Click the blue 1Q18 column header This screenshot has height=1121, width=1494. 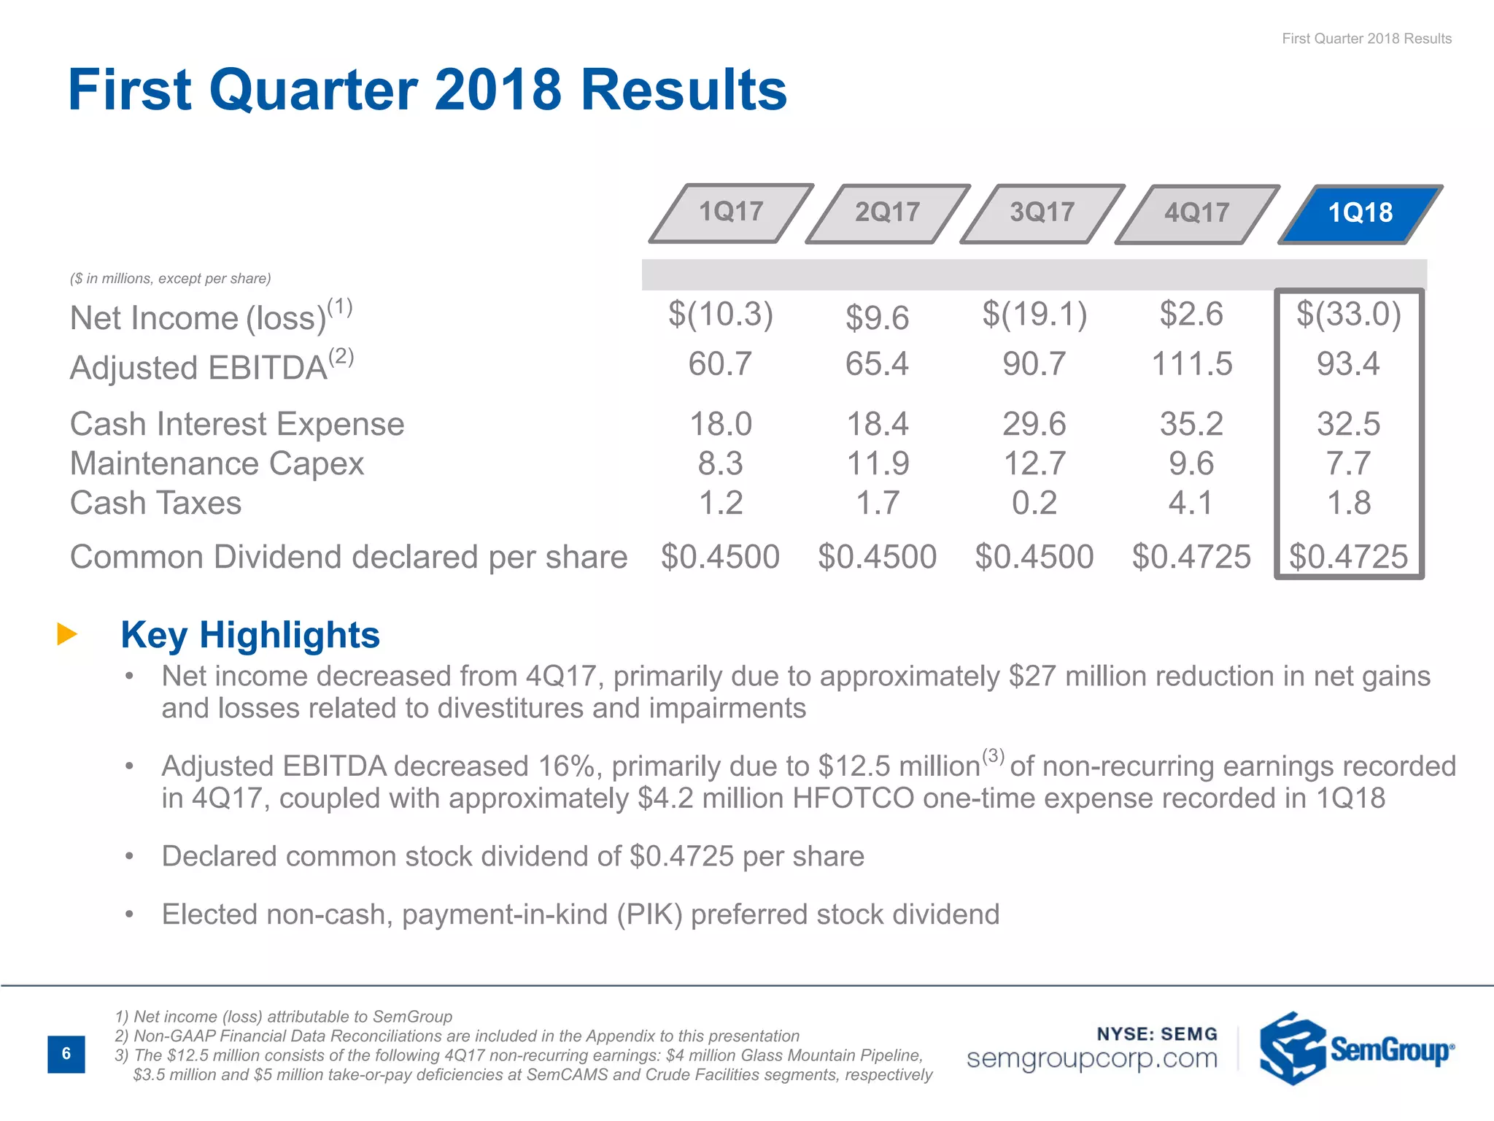[1360, 213]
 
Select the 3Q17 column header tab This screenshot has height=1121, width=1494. [1042, 212]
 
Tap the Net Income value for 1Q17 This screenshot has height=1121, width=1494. [720, 315]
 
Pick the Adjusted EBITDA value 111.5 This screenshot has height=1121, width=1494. [1191, 363]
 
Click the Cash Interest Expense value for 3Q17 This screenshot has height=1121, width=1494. [1034, 424]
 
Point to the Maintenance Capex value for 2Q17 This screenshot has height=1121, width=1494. [877, 463]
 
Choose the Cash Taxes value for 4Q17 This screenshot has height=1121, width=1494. [1191, 503]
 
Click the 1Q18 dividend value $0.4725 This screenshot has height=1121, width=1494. [1348, 557]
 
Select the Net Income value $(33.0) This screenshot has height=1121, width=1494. [1348, 315]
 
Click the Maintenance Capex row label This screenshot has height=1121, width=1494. [217, 463]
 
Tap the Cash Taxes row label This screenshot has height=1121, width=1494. [155, 503]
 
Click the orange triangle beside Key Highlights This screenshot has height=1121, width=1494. [66, 633]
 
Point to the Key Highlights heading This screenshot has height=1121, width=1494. [250, 634]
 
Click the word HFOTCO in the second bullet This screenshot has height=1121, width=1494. [853, 798]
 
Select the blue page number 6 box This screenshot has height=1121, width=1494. [66, 1053]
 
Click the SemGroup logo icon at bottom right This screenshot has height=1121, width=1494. [1291, 1049]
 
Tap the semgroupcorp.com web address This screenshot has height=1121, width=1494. [1091, 1058]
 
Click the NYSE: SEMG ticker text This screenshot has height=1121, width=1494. [1157, 1033]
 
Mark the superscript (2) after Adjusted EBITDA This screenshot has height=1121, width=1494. [341, 356]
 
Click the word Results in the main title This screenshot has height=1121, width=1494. [684, 90]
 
